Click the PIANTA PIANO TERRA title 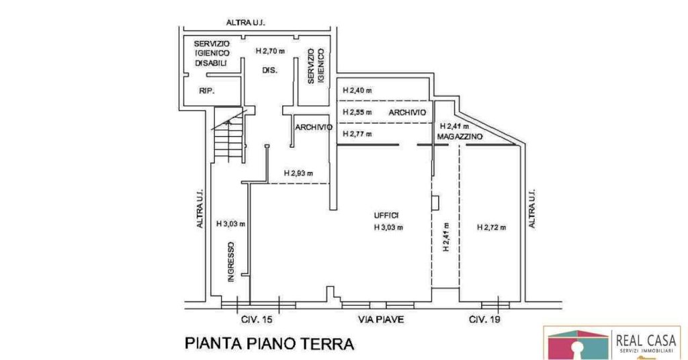coord(269,343)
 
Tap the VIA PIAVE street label coord(381,319)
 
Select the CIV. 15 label coord(257,319)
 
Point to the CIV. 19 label coord(484,319)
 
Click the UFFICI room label coord(386,216)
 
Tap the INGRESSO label coord(231,262)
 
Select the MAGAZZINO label coord(460,137)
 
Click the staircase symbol coord(228,134)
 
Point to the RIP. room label coord(207,91)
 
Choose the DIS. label coord(270,70)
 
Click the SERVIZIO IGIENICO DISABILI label coord(212,54)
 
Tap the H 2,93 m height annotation coord(298,173)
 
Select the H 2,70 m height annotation coord(270,51)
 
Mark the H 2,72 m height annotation coord(491,227)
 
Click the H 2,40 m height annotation coord(357,91)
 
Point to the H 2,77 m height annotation coord(357,134)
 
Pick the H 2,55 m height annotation coord(357,112)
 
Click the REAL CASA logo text coord(646,341)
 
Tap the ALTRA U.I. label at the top coord(246,22)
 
